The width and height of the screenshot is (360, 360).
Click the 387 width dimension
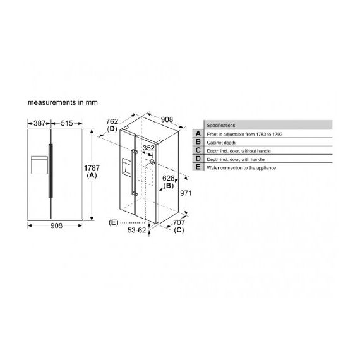(x=38, y=123)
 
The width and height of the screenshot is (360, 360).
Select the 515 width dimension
(x=66, y=123)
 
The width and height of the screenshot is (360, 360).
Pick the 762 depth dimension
(x=112, y=122)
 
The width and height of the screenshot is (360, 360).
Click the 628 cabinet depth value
(x=167, y=179)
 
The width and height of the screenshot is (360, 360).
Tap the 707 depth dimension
(x=178, y=222)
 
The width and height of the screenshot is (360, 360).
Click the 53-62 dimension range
(x=137, y=232)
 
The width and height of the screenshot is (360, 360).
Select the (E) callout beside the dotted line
(x=114, y=222)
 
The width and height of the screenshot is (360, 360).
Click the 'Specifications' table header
(x=221, y=126)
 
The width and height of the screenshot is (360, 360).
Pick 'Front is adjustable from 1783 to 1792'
(x=244, y=134)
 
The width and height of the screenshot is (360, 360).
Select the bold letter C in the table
(x=198, y=150)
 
